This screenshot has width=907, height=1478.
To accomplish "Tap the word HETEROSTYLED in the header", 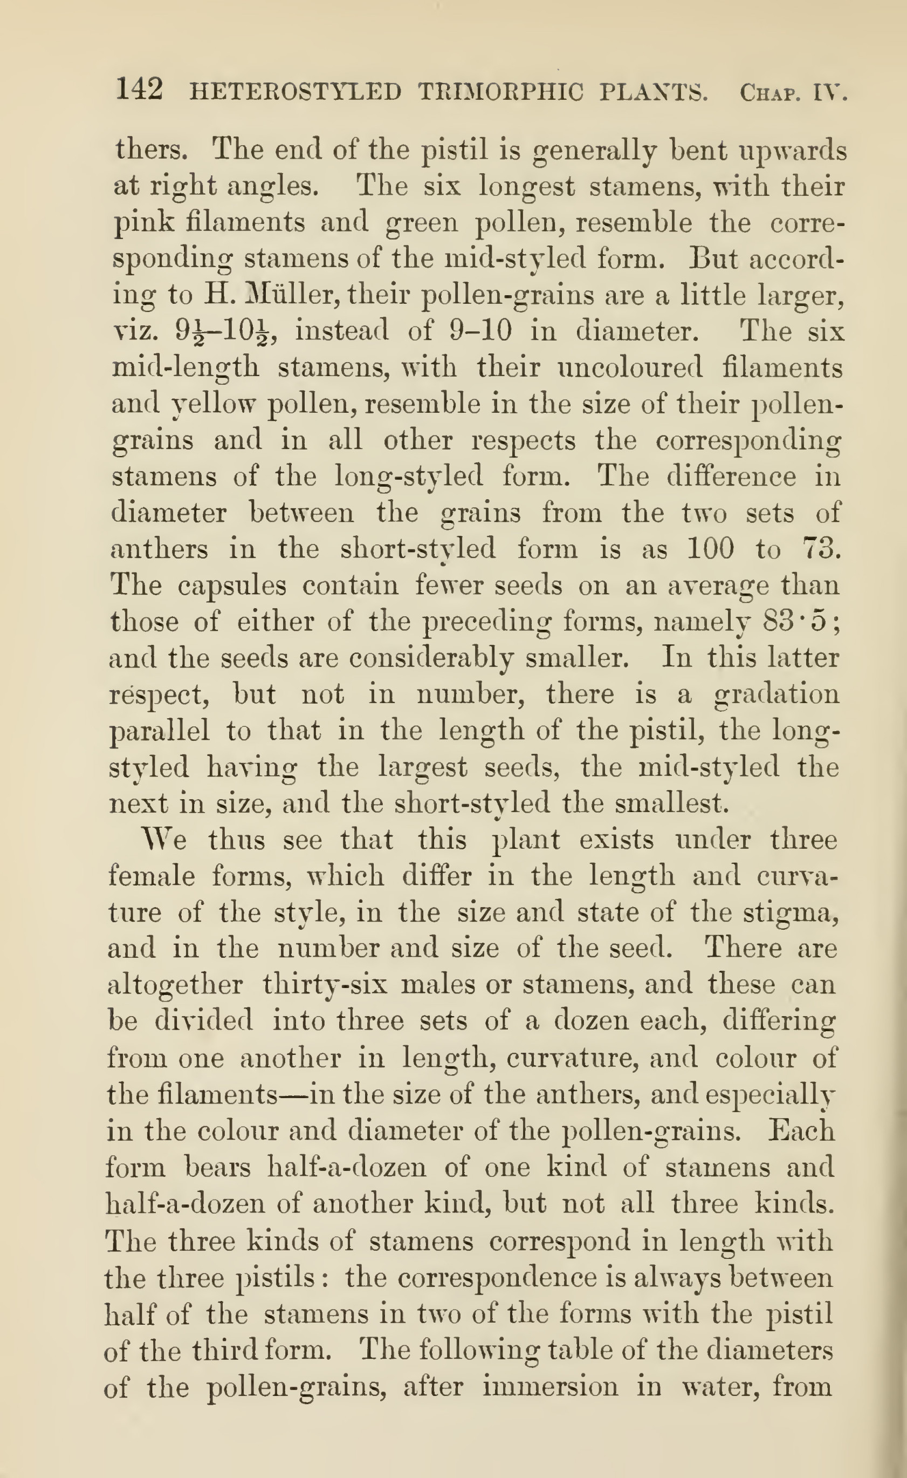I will tap(295, 92).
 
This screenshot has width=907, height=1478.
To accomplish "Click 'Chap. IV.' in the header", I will tap(793, 93).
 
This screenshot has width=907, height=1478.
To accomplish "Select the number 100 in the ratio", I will tap(710, 549).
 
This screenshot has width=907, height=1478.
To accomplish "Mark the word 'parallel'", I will tap(160, 731).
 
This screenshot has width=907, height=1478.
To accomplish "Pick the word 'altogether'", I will tap(175, 985).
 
